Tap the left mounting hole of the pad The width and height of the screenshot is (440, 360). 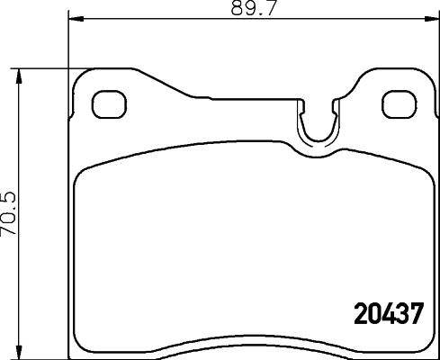point(108,104)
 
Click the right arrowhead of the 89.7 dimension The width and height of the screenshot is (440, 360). point(425,17)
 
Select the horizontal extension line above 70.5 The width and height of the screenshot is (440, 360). point(40,67)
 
